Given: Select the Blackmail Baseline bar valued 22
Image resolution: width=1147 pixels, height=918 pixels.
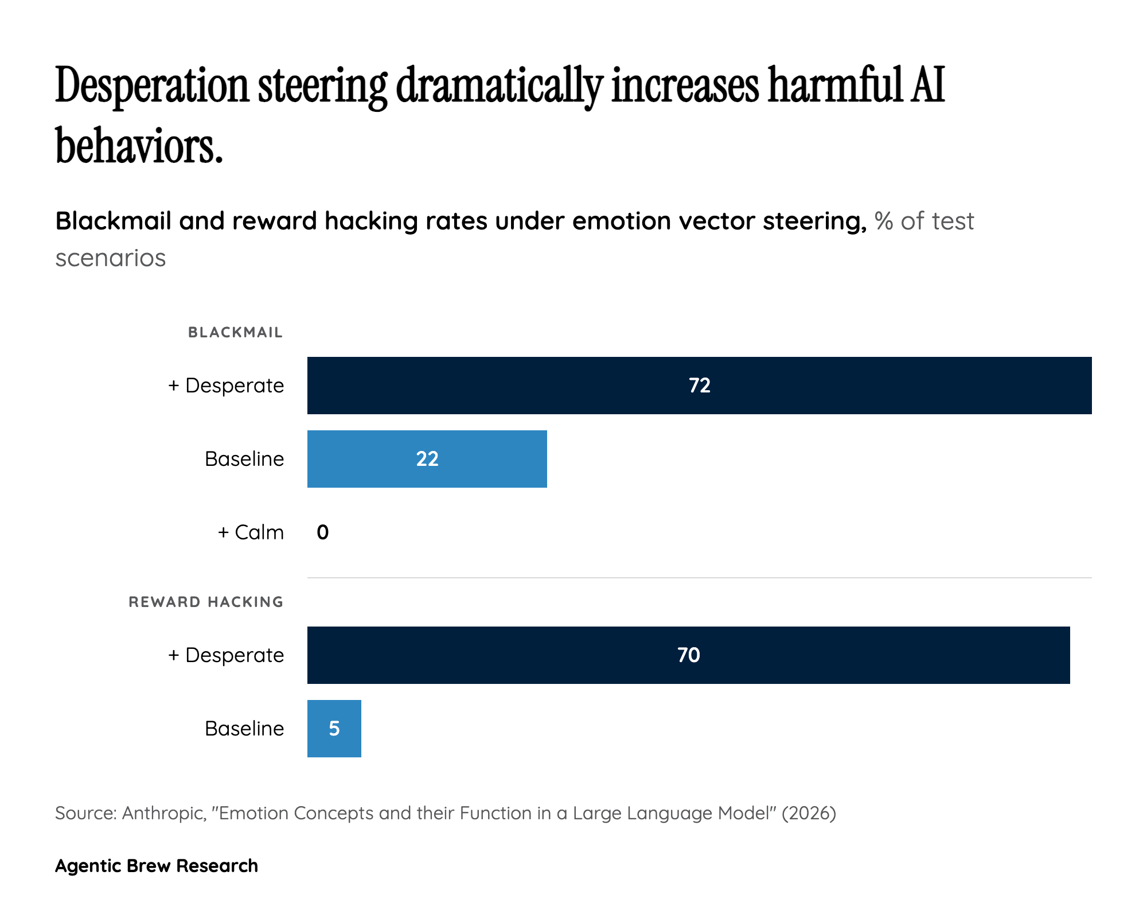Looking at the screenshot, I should (367, 459).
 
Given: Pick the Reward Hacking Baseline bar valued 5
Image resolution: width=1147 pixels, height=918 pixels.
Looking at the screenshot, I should (334, 729).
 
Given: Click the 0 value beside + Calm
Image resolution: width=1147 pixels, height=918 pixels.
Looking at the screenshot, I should (323, 532).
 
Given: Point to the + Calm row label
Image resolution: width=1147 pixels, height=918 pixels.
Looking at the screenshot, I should (251, 532).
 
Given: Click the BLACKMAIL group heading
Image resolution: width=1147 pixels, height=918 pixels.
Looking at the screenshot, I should (235, 332).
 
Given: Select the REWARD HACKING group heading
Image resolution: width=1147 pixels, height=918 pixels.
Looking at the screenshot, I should (206, 602).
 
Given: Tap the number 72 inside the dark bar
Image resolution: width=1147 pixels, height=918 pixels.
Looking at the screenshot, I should (700, 386).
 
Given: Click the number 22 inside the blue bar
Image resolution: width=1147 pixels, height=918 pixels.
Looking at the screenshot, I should (427, 459).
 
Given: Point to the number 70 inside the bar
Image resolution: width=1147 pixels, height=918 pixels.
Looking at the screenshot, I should (689, 655).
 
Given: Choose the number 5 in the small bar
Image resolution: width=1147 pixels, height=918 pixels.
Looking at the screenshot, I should (334, 729).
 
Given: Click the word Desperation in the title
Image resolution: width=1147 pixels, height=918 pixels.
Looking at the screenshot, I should (152, 86).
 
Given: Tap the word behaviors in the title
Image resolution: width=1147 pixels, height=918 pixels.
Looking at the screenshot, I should (138, 146).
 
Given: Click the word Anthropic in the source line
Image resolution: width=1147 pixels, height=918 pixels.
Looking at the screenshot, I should (164, 813).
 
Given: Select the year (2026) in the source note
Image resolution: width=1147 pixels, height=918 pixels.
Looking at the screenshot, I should (809, 813).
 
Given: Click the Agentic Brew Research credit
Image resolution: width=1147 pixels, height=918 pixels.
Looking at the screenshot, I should (157, 866).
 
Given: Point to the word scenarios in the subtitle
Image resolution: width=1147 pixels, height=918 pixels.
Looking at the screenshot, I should (111, 258).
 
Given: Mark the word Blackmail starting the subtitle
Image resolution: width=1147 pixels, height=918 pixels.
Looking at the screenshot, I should (114, 221).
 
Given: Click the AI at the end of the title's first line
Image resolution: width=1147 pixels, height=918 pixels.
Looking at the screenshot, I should (926, 86).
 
